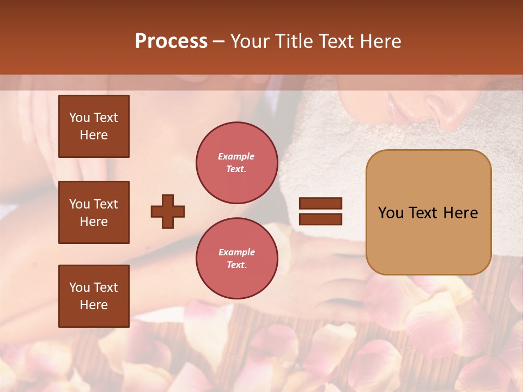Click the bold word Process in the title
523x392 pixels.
pyautogui.click(x=171, y=41)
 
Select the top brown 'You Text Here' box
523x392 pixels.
pyautogui.click(x=94, y=126)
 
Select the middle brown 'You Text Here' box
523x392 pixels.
pyautogui.click(x=94, y=212)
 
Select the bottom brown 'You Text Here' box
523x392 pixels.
pyautogui.click(x=94, y=296)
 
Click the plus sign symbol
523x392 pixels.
pyautogui.click(x=168, y=211)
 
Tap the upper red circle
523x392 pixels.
pyautogui.click(x=236, y=163)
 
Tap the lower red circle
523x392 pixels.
pyautogui.click(x=236, y=258)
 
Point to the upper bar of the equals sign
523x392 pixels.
pyautogui.click(x=320, y=204)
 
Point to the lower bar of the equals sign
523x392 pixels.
pyautogui.click(x=320, y=219)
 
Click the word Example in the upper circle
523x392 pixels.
pyautogui.click(x=236, y=156)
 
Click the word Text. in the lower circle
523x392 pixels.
pyautogui.click(x=236, y=265)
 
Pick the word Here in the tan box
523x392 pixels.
pyautogui.click(x=460, y=213)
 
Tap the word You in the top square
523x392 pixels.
pyautogui.click(x=80, y=118)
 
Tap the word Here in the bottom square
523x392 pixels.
pyautogui.click(x=94, y=305)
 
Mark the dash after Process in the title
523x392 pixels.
pyautogui.click(x=219, y=41)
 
